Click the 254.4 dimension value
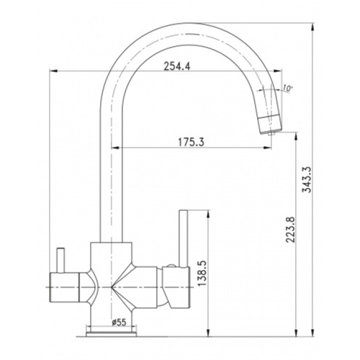[177, 66]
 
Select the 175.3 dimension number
[191, 142]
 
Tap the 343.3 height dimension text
[307, 179]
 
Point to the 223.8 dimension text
[291, 230]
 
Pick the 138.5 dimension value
[203, 274]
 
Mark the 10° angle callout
[287, 88]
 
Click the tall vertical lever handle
[184, 238]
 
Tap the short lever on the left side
[60, 261]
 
